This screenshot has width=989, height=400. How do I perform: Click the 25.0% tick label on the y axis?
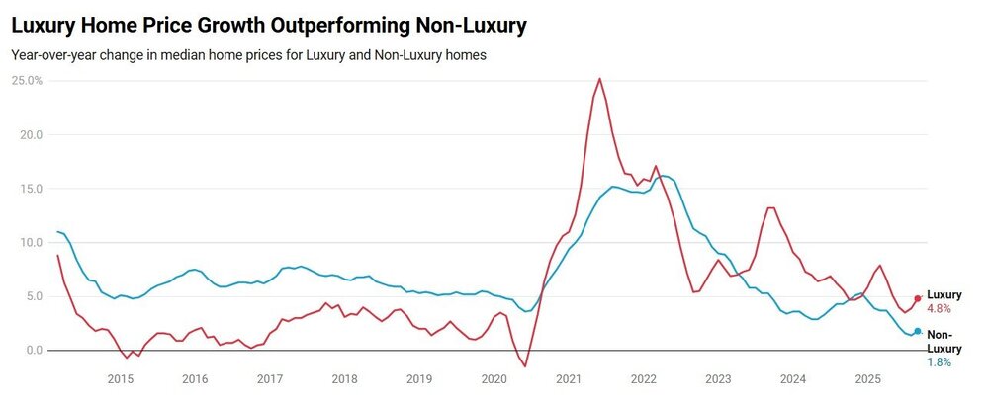(27, 80)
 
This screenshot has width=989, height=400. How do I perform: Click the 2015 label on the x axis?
(121, 379)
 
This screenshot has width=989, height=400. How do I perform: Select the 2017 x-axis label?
(270, 379)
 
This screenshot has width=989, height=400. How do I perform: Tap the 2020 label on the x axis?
(494, 379)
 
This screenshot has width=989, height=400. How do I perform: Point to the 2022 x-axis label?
(644, 379)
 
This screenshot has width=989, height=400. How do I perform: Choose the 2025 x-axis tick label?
(867, 379)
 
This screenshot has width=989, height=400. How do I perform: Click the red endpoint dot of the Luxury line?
(918, 298)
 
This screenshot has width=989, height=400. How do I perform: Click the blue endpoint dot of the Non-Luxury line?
(918, 332)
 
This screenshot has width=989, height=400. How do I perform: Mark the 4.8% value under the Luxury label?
(939, 309)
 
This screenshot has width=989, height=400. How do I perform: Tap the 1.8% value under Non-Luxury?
(939, 362)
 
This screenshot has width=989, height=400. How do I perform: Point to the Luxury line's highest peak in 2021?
(599, 79)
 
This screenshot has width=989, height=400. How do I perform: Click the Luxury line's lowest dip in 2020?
(525, 366)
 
